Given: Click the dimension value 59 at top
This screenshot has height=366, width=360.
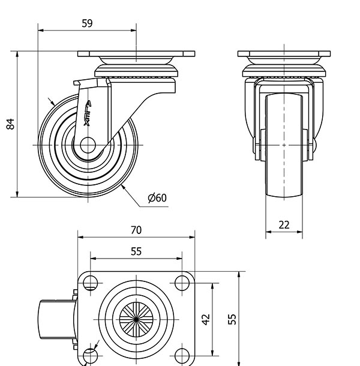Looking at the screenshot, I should pyautogui.click(x=87, y=23).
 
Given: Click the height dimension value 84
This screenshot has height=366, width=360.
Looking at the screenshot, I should pyautogui.click(x=10, y=124).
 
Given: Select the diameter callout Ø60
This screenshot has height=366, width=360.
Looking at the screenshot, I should pyautogui.click(x=157, y=198).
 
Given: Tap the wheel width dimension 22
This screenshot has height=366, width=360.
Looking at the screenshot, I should pyautogui.click(x=284, y=225).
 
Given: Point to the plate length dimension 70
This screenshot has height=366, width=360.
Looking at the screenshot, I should pyautogui.click(x=136, y=230).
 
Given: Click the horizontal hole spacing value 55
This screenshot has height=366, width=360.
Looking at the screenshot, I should pyautogui.click(x=136, y=251).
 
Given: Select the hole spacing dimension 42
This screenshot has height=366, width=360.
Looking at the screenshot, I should pyautogui.click(x=206, y=319).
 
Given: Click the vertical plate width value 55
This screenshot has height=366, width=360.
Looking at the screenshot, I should pyautogui.click(x=232, y=319).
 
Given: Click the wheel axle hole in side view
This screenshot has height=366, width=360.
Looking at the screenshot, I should pyautogui.click(x=86, y=145).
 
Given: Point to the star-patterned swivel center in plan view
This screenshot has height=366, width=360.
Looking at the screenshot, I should pyautogui.click(x=136, y=319).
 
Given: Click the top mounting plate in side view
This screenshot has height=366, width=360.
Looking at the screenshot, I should pyautogui.click(x=136, y=55).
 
